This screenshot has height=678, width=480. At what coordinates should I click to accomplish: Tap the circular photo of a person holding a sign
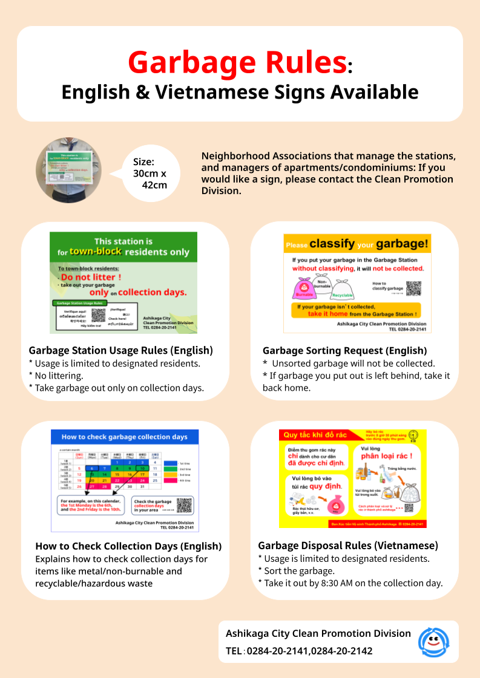(68, 170)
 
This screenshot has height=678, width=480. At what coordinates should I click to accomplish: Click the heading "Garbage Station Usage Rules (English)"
(121, 350)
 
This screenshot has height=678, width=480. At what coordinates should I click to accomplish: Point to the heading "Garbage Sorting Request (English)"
(344, 350)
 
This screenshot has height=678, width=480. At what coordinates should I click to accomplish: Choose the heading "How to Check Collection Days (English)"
(128, 546)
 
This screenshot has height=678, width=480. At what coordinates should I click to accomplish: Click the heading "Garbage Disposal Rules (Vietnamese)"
(348, 545)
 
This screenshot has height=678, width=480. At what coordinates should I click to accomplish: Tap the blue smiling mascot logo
(433, 642)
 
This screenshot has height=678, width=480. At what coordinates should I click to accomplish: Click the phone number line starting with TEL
(299, 651)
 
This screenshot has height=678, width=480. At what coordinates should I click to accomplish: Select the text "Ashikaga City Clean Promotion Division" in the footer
(318, 634)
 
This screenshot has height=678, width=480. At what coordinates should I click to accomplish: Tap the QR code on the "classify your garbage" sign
(413, 288)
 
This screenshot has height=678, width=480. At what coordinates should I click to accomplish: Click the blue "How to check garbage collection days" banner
(125, 437)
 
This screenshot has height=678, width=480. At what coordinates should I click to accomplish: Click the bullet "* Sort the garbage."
(296, 571)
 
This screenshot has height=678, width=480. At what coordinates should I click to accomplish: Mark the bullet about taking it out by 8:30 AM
(350, 584)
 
